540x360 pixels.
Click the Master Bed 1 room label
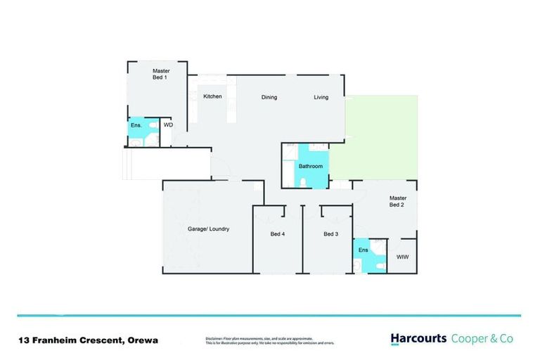tap(160, 74)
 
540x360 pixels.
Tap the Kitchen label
tap(212, 96)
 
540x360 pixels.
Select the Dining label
tap(269, 97)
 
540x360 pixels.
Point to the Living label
tap(321, 97)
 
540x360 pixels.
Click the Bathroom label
tap(310, 167)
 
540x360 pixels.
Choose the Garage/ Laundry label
tap(208, 229)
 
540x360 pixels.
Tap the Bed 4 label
tap(277, 233)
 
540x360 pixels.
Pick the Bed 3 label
tap(331, 233)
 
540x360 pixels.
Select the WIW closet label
tap(402, 257)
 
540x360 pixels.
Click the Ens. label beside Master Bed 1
tap(136, 125)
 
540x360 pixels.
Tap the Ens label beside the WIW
tap(364, 250)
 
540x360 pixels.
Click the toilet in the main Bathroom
tap(302, 181)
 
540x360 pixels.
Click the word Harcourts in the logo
tap(418, 339)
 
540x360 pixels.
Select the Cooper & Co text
tap(482, 339)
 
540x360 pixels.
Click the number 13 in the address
tap(24, 340)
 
